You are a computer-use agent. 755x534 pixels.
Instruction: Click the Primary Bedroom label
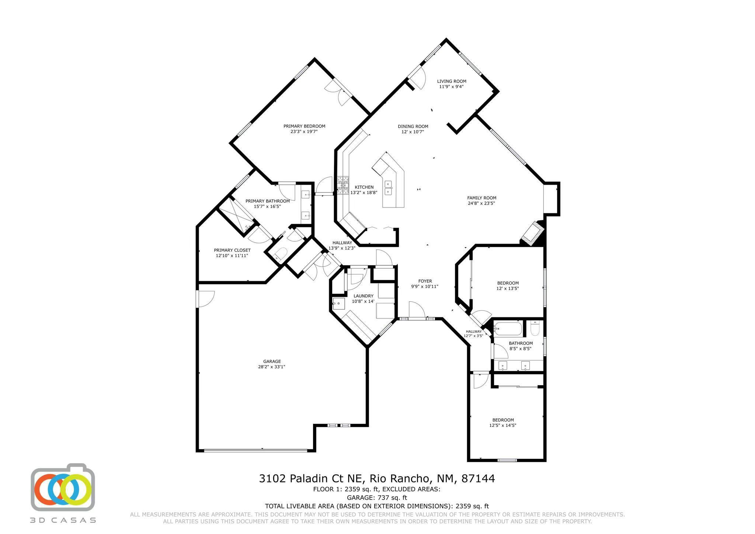304,126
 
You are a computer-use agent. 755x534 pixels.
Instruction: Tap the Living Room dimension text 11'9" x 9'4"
451,87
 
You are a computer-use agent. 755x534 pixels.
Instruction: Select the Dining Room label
413,126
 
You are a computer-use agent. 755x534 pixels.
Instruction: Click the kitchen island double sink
388,187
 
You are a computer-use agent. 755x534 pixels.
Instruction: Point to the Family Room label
481,198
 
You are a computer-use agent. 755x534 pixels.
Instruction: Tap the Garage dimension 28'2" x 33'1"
272,367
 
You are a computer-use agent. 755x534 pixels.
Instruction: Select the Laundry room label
363,296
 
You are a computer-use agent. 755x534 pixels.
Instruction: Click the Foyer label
425,281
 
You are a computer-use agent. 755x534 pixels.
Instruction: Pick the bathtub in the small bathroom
508,328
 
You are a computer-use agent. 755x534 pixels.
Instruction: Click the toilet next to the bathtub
535,328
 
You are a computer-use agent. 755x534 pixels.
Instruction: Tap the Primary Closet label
232,250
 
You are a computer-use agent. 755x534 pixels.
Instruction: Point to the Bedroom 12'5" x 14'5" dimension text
502,425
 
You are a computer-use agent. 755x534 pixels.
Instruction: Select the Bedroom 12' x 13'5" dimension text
508,289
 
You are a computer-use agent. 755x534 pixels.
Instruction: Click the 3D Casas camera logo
63,487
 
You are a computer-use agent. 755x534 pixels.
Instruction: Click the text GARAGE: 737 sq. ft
377,498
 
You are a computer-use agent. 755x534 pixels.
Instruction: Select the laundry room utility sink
338,304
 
